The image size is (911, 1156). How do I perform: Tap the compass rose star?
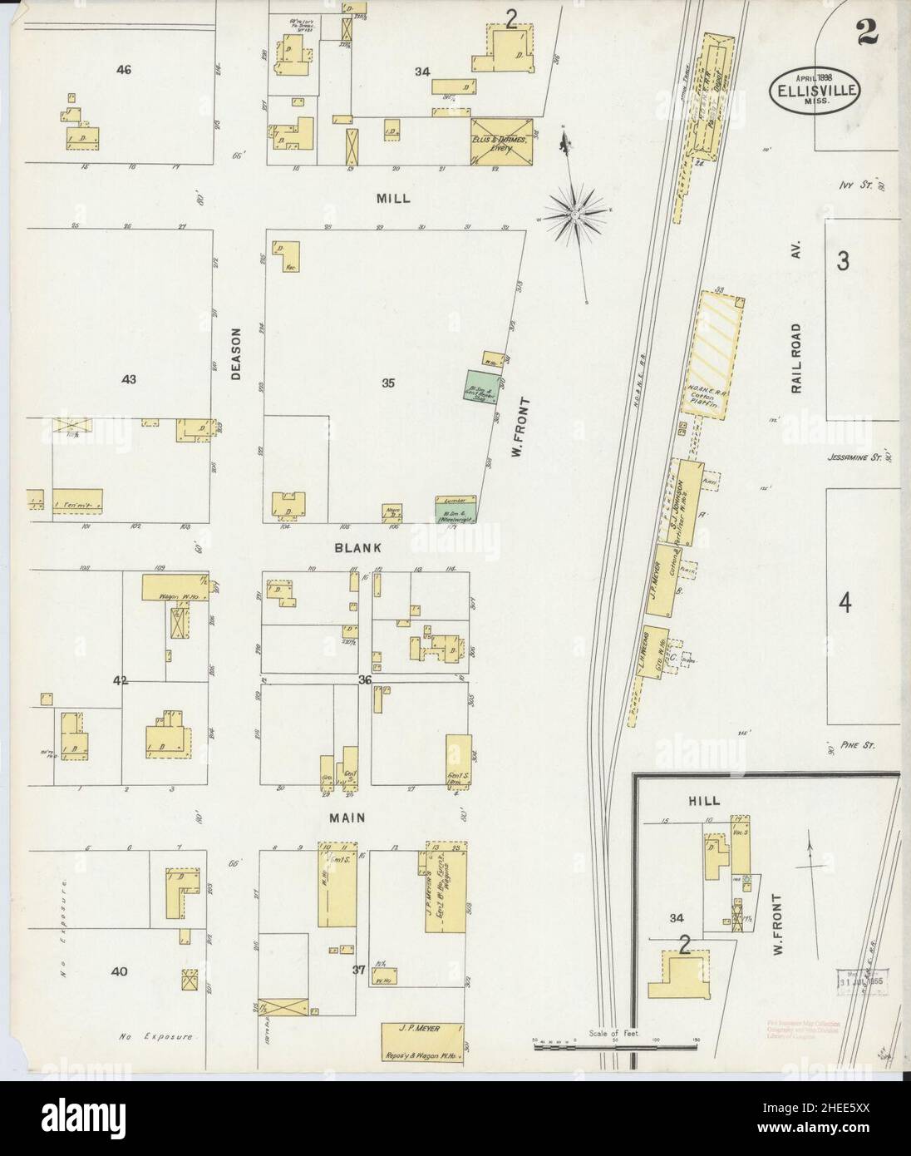[x=574, y=215]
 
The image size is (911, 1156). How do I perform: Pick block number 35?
[x=388, y=383]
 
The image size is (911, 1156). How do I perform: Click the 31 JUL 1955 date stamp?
[x=861, y=981]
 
